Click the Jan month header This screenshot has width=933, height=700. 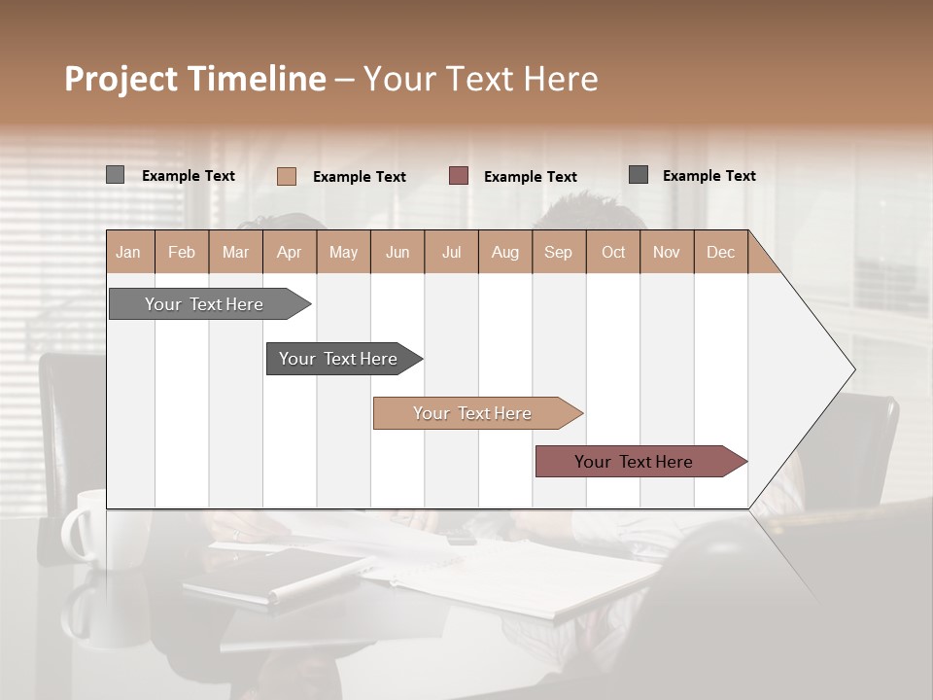click(x=128, y=252)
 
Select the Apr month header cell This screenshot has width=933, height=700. click(x=289, y=252)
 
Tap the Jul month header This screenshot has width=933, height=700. click(x=451, y=252)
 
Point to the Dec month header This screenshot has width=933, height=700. click(x=720, y=252)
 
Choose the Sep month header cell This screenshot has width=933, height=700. click(x=558, y=252)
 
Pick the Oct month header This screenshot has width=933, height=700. click(x=612, y=252)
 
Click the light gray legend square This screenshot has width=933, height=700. click(x=115, y=175)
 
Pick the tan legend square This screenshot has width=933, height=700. click(x=286, y=176)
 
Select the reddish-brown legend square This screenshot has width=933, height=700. click(x=459, y=176)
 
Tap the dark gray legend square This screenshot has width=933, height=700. click(x=639, y=175)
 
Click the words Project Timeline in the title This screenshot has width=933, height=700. click(x=194, y=79)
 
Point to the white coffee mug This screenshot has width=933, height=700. click(x=92, y=530)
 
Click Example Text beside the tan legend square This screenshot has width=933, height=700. click(x=359, y=176)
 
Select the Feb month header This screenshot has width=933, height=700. click(x=182, y=252)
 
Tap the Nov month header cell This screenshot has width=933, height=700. click(x=666, y=252)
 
